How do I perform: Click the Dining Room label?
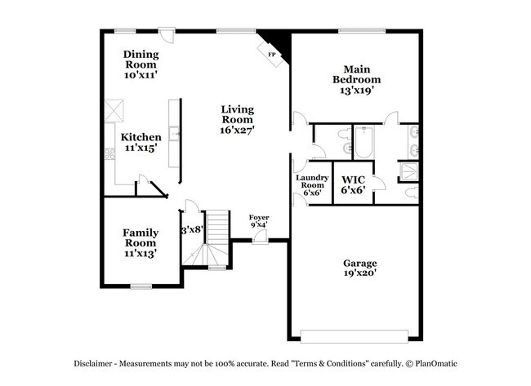coord(141,55)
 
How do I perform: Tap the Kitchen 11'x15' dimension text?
coord(141,149)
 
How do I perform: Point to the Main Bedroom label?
coord(356,74)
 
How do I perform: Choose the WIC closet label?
coord(353,179)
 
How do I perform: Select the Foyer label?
coord(259,217)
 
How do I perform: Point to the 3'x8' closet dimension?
coord(191,229)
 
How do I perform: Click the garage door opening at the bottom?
coord(354,335)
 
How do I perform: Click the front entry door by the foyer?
coord(259,237)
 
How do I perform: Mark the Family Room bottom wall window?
coord(142,286)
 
